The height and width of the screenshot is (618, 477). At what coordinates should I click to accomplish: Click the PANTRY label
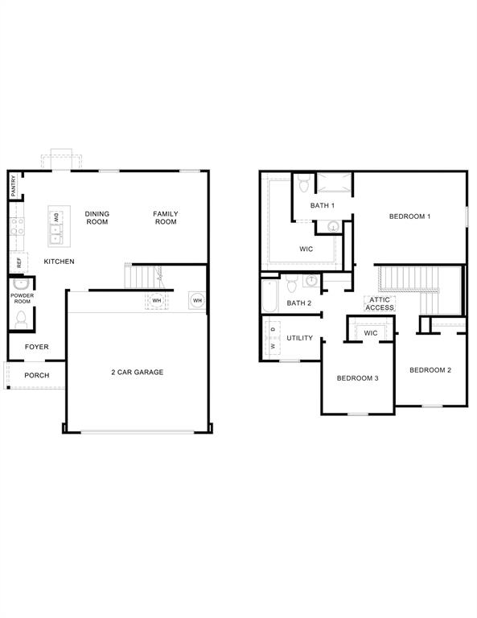14,186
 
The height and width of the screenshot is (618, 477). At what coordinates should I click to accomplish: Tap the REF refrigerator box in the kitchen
19,262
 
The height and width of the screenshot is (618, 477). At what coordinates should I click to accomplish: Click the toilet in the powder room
21,319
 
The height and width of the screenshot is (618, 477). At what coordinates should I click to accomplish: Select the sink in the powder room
19,284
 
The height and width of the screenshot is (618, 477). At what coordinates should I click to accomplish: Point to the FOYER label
37,347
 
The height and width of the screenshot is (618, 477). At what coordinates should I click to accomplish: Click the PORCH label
37,375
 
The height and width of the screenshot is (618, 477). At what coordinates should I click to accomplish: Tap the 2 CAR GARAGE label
137,372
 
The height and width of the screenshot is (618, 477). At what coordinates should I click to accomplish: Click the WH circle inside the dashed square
157,301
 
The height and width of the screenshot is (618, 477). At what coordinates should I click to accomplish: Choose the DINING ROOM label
97,218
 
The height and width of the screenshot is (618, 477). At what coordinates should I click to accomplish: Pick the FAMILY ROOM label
166,218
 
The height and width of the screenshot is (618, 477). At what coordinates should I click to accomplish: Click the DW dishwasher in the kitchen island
56,217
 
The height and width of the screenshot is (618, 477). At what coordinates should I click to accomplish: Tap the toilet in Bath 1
304,183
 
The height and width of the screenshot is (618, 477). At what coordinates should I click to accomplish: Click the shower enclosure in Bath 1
335,183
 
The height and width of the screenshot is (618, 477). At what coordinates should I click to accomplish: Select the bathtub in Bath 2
269,295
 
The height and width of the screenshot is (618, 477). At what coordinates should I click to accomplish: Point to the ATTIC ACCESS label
380,303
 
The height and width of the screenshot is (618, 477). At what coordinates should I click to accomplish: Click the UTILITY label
300,338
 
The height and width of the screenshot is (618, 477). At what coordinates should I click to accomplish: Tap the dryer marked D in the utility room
273,329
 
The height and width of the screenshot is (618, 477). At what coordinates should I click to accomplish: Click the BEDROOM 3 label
358,378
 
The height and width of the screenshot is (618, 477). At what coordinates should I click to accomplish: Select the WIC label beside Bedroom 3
371,333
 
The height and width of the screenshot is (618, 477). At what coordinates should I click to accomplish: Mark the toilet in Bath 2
292,283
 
